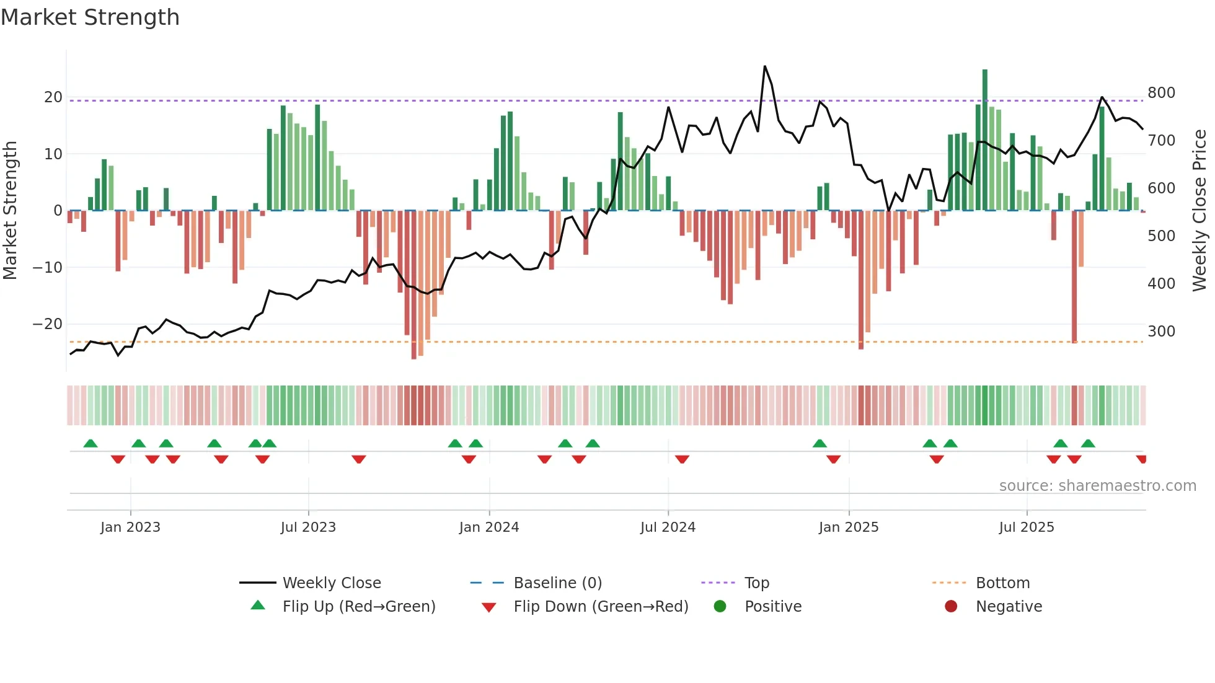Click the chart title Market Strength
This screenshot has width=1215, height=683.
coord(90,17)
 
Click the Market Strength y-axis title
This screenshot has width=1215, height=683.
coord(10,210)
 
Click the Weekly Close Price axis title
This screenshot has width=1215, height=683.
coord(1200,210)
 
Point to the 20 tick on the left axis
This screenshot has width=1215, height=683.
coord(53,97)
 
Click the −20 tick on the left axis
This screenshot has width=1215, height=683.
coord(48,324)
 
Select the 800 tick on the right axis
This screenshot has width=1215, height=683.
coord(1161,93)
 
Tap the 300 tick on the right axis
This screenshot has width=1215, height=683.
coord(1161,332)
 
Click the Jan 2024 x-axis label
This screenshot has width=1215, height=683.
coord(489,527)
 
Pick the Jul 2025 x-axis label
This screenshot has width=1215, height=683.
coord(1027,527)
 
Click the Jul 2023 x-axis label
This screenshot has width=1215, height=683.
coord(308,527)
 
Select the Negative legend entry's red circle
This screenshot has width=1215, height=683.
coord(951,607)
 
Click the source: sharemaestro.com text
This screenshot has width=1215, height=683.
coord(1097,486)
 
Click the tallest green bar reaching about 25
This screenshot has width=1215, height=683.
coord(985,139)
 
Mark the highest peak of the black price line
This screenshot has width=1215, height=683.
coord(765,66)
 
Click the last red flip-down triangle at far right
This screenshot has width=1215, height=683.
coord(1141,459)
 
